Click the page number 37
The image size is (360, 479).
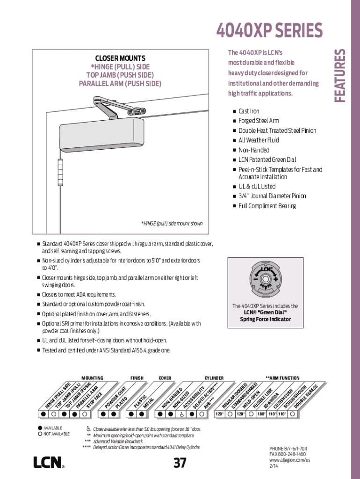tap(180, 463)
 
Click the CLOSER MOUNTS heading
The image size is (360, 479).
tap(120, 58)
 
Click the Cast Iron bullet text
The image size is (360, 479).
tap(249, 111)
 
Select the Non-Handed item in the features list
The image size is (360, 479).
tap(254, 150)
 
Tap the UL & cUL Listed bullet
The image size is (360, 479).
tap(257, 186)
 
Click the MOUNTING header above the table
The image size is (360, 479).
tap(92, 377)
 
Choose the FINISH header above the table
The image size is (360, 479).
tap(137, 377)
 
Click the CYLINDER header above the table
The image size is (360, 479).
tap(214, 377)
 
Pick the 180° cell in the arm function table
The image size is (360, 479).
tap(261, 414)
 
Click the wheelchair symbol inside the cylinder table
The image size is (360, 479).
tap(181, 414)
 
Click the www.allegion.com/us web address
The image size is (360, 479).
tap(289, 460)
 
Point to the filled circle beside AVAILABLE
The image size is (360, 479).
tap(39, 428)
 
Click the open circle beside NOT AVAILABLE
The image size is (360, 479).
tap(39, 434)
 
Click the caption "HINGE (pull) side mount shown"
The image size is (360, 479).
tap(172, 224)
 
